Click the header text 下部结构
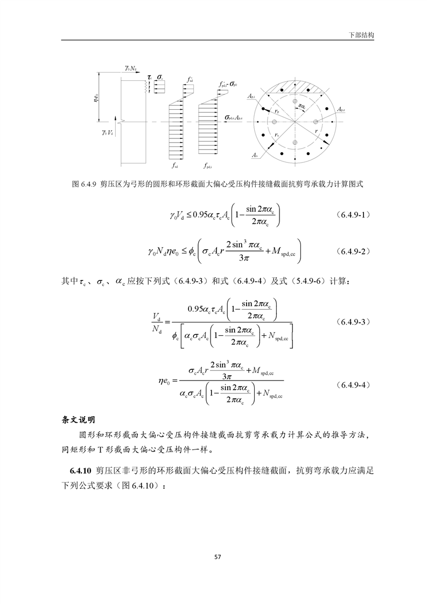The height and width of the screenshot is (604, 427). coord(362,34)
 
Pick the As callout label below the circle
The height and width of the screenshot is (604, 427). coord(253,155)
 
